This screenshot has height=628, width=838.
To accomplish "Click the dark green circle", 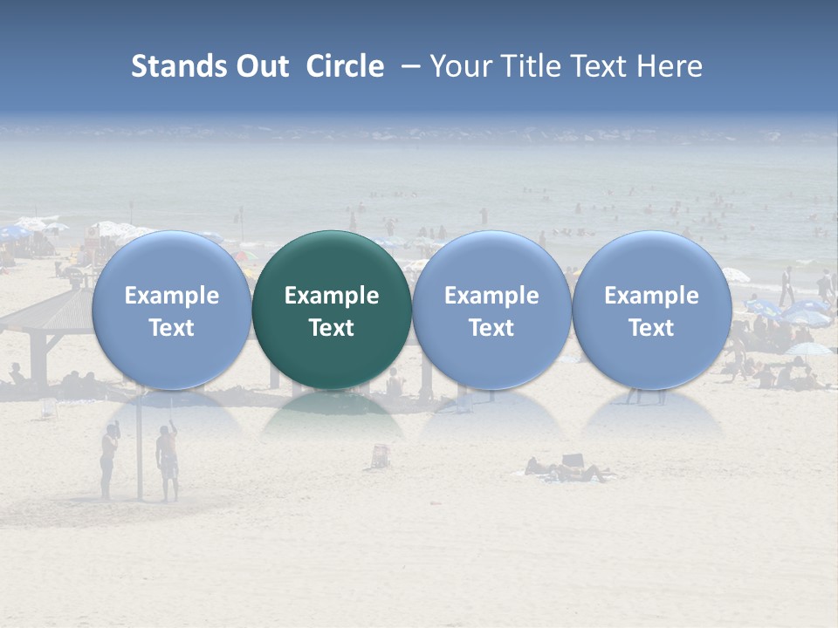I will point(332,310).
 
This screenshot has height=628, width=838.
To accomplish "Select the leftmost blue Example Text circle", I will point(171,310).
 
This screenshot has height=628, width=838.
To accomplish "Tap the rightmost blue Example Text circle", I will point(651,310).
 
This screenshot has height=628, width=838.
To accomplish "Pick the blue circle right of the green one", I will point(491,310).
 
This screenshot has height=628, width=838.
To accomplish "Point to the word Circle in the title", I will point(345,66).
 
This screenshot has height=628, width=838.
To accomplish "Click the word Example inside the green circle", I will point(332,296).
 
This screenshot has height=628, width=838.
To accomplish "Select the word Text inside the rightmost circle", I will point(651,328).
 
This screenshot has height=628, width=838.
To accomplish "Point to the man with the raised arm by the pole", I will point(167,462).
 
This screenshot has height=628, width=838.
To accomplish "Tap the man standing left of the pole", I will point(108,462).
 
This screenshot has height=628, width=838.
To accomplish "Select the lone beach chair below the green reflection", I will point(381,455).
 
